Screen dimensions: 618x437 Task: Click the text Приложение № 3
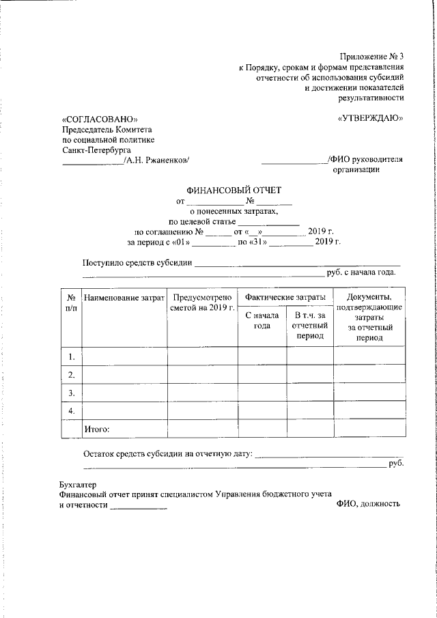tap(371, 56)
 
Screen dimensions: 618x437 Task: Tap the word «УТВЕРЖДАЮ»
tap(371, 119)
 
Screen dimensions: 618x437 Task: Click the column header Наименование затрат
tap(124, 298)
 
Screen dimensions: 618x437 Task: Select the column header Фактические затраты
tap(285, 298)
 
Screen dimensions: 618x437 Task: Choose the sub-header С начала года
tap(262, 321)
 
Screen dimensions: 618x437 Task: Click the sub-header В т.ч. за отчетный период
tap(310, 326)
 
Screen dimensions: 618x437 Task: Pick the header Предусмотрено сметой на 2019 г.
tap(202, 303)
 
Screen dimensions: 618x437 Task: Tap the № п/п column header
tap(71, 303)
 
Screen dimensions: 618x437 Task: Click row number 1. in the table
tap(71, 356)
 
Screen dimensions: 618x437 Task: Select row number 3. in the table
tap(71, 393)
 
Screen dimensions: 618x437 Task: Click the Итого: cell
tap(96, 429)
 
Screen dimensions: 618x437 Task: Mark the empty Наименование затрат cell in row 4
tap(124, 410)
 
